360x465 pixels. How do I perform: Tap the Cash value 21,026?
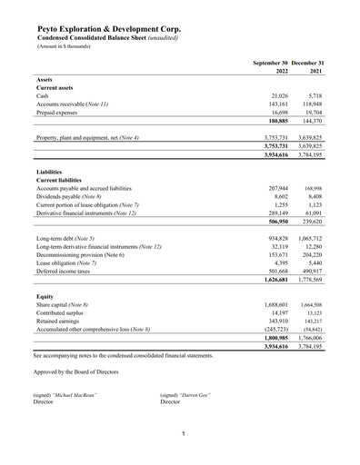275,95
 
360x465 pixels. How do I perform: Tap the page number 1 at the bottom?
183,434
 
